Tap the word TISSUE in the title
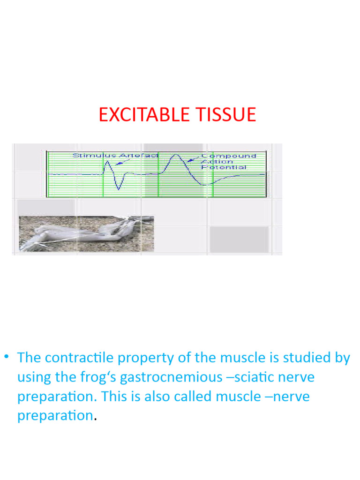[x=227, y=115]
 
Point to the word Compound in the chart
[x=229, y=156]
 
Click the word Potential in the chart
[x=224, y=167]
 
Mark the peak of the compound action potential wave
[x=175, y=155]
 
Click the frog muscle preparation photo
[x=86, y=234]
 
